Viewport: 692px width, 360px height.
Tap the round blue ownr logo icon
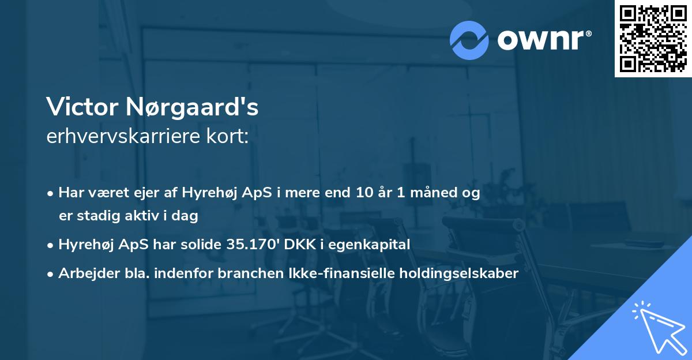pos(469,39)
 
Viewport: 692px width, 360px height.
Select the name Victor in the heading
pos(77,107)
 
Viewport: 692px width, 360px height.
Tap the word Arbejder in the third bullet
pos(84,273)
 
